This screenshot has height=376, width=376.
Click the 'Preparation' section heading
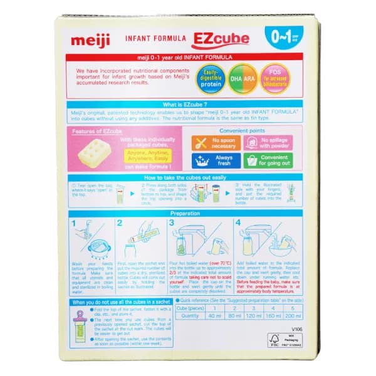[186, 213]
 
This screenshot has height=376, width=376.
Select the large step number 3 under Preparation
[172, 222]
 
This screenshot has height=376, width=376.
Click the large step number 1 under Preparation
[74, 222]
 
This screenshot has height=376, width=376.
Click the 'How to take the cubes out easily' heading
[186, 178]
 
